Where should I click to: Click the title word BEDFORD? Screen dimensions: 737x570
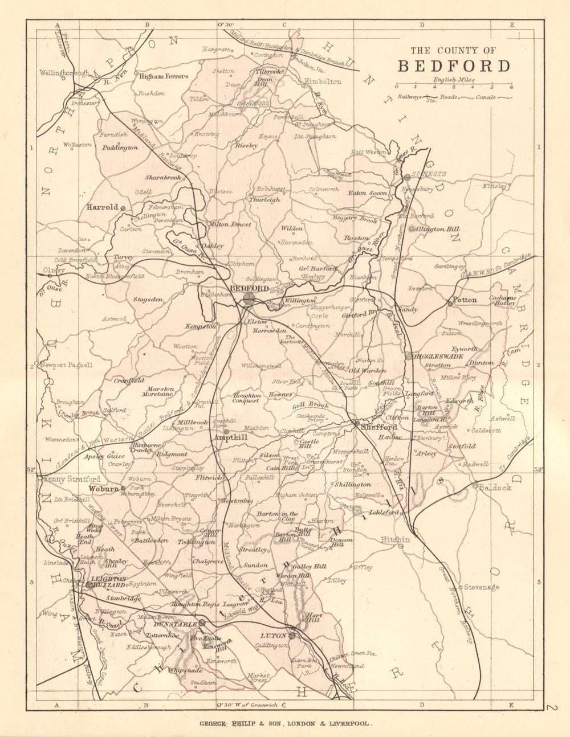[x=454, y=66]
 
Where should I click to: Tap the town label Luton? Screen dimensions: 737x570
[x=270, y=635]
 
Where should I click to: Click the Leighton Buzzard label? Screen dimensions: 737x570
[x=108, y=581]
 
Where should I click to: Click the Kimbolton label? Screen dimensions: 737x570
[x=323, y=81]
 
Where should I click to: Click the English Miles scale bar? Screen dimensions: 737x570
[x=453, y=87]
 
